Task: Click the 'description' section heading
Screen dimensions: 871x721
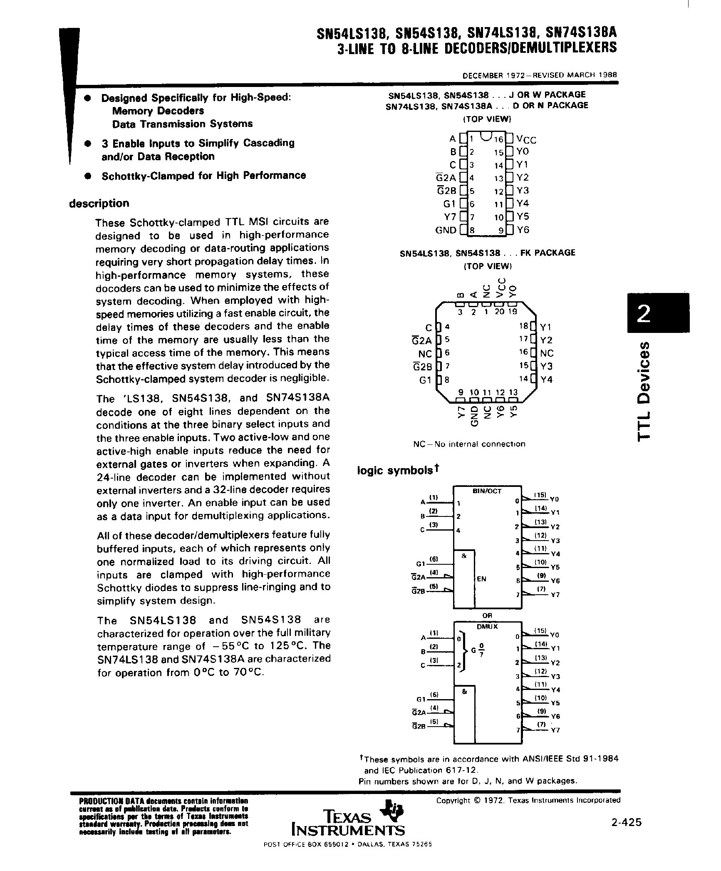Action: coord(99,203)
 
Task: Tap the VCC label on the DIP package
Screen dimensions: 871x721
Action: coord(526,139)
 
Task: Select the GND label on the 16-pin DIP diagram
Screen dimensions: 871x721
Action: coord(446,230)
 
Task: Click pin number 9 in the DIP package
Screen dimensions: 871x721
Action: coord(501,230)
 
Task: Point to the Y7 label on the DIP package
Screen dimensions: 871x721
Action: coord(451,217)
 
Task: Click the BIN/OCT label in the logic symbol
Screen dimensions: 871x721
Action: coord(487,491)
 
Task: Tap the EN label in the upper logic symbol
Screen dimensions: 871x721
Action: coord(481,579)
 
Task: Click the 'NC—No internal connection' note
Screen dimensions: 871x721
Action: coord(469,444)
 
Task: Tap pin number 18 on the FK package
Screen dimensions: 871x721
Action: coord(523,326)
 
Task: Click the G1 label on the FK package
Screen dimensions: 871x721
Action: coord(425,380)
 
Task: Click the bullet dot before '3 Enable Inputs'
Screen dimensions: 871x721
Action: coord(87,143)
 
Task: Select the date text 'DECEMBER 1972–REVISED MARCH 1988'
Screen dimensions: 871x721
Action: coord(540,76)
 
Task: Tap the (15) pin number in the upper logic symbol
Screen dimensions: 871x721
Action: coord(540,495)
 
